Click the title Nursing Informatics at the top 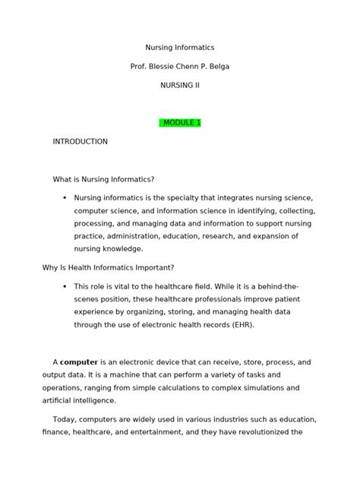point(180,48)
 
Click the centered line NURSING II point(180,84)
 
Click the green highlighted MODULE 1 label point(180,122)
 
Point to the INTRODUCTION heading point(80,141)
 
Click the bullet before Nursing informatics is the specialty point(62,197)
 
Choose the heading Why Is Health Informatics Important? point(108,267)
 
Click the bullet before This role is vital point(62,286)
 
